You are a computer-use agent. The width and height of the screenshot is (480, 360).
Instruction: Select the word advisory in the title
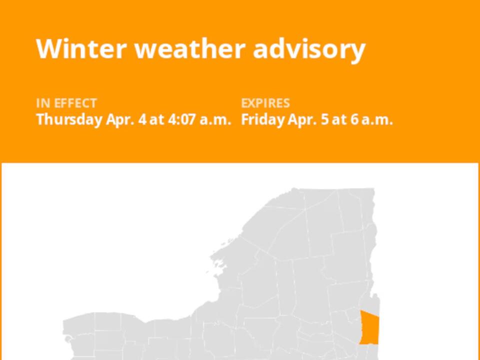tap(309, 49)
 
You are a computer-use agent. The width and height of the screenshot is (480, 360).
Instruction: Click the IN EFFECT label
tap(66, 103)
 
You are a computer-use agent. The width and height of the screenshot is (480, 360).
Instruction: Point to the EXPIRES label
tap(265, 103)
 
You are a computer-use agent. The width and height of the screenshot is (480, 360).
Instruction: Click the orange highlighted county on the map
tap(369, 327)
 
